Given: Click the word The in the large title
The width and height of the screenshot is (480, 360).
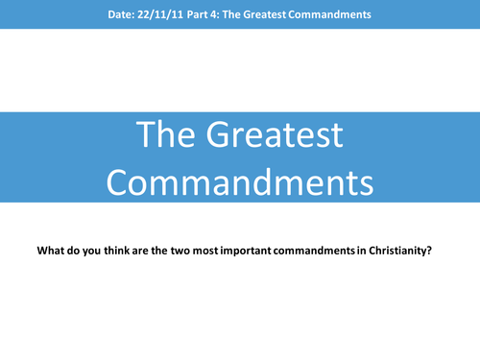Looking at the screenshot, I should pos(167,136).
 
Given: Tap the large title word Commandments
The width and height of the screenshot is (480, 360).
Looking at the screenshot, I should pos(240,180).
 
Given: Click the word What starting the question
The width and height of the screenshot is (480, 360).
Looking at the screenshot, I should pos(51,252).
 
